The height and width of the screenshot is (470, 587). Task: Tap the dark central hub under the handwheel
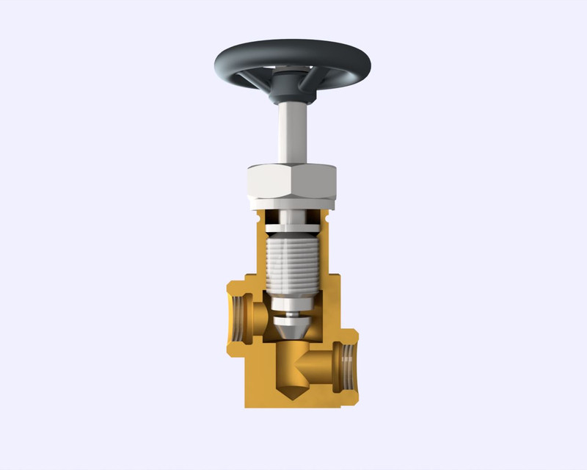click(x=291, y=93)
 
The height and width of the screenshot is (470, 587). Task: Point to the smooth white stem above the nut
click(x=291, y=132)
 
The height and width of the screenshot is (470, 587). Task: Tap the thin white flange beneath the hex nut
click(x=291, y=205)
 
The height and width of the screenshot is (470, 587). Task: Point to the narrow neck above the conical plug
click(x=291, y=314)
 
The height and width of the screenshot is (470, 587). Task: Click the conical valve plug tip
click(x=291, y=330)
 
